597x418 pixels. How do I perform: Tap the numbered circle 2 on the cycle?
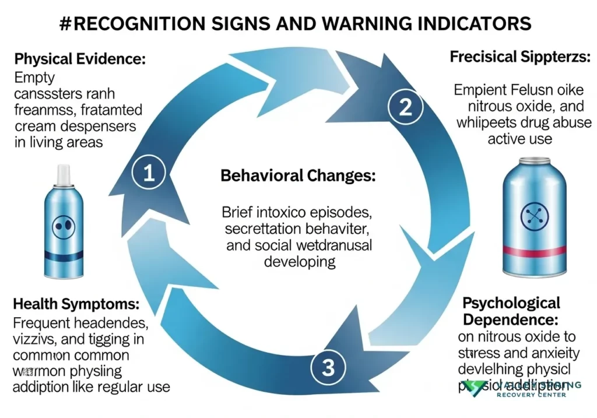[406, 106]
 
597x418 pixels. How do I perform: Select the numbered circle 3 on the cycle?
[328, 367]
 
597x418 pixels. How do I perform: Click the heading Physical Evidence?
[80, 59]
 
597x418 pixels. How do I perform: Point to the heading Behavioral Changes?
[298, 176]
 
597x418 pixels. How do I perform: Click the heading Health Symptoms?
[76, 304]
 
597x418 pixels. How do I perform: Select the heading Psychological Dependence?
[511, 311]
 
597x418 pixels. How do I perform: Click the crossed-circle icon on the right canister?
[535, 216]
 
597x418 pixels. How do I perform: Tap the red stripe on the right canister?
[535, 251]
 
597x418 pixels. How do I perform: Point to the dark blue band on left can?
[64, 255]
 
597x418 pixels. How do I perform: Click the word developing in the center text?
[300, 261]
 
